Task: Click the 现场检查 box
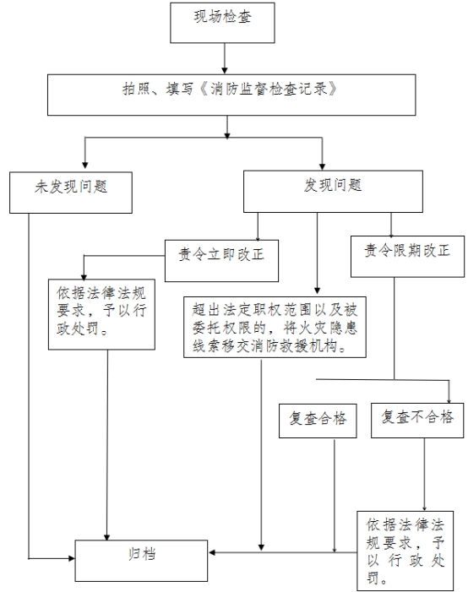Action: [222, 23]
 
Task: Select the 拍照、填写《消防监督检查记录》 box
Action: [231, 95]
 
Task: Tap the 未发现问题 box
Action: [71, 193]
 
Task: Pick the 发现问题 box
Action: [333, 192]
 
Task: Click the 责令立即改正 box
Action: [221, 260]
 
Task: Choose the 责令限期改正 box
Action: [407, 257]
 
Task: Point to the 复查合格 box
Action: [318, 421]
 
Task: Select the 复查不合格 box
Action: [417, 421]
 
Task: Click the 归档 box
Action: [141, 561]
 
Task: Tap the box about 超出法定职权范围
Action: [275, 327]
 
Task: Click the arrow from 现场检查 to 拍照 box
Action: [225, 58]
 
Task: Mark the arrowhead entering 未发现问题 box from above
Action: [85, 166]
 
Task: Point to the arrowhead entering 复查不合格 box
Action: [449, 400]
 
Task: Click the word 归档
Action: [142, 555]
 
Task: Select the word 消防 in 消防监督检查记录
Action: [225, 90]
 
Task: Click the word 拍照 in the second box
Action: [136, 90]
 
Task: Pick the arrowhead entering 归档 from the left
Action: [72, 558]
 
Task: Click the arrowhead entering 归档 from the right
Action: [211, 553]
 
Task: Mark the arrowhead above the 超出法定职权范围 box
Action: [318, 291]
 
